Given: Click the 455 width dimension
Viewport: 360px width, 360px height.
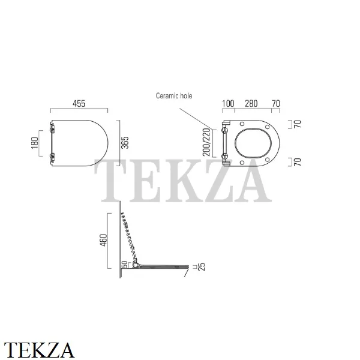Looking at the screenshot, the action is coord(79,104).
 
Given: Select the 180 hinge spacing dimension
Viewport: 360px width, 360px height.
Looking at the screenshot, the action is coord(35,143).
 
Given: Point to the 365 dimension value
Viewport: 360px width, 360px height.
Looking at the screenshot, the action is coord(125,143).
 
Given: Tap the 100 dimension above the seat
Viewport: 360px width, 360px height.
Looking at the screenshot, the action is coord(228,104).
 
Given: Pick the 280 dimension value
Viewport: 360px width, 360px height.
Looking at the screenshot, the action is coord(251,104).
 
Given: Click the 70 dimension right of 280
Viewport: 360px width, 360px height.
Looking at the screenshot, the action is coord(276,104).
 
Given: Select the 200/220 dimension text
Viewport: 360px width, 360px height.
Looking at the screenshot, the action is coord(206,142).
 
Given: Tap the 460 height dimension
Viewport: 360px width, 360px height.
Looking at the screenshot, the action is coord(104,240).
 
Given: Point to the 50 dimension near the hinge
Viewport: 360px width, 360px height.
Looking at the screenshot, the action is coord(124,264).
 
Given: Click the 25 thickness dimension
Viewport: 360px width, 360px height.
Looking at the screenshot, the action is coord(202,267).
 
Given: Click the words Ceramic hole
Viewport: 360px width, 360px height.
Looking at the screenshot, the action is coord(174,96).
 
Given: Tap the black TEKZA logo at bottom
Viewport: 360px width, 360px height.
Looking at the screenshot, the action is coord(39,350).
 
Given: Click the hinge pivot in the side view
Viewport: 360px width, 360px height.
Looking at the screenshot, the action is coord(136,265).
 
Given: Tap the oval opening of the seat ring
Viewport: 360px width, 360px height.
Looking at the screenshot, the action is coord(253,143).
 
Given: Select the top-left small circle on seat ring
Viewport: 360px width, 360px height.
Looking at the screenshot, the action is coord(242,124).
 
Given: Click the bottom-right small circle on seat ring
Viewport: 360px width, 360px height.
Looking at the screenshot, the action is coord(267,160).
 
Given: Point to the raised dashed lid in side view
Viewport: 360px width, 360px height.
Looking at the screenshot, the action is coord(130,238).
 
